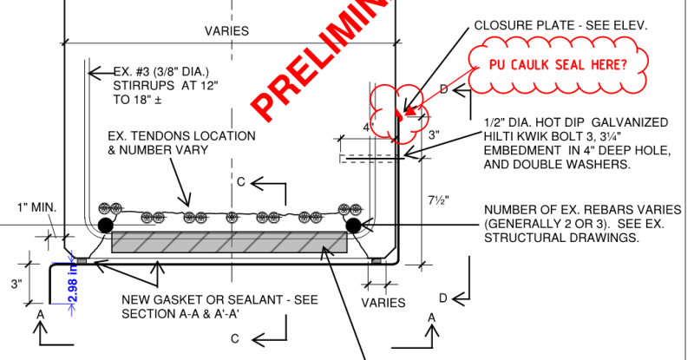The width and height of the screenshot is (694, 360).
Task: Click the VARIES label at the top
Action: (226, 30)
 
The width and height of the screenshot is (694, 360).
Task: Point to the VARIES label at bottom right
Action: (383, 303)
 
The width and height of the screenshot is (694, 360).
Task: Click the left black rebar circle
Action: (104, 226)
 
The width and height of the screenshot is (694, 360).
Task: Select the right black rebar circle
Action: (354, 226)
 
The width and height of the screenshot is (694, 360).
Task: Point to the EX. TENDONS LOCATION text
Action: (181, 136)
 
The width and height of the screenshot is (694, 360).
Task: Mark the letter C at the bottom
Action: (235, 339)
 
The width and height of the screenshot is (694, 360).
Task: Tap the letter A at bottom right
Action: (432, 318)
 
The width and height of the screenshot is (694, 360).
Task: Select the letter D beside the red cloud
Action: (443, 90)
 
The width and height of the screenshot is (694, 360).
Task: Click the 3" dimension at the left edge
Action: (16, 284)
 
